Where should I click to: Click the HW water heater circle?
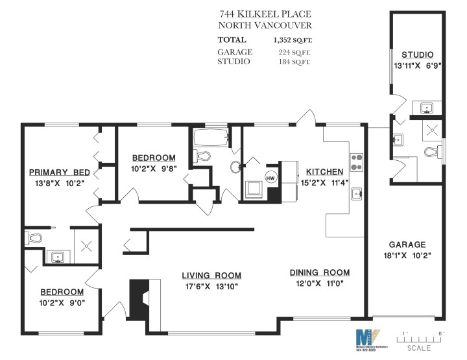[270, 178]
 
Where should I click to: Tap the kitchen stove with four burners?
[356, 157]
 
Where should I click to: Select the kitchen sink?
[356, 194]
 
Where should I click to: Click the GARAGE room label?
[407, 245]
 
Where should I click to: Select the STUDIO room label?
[417, 54]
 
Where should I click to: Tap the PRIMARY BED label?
[59, 173]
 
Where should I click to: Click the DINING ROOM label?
[319, 272]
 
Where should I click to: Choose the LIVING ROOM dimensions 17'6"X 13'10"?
[211, 286]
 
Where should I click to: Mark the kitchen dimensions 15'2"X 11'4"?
[324, 183]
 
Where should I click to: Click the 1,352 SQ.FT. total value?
[292, 40]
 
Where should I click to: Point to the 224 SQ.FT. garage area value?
[294, 51]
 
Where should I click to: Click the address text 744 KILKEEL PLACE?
[265, 14]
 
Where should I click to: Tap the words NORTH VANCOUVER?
[265, 25]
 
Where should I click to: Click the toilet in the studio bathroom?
[430, 152]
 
